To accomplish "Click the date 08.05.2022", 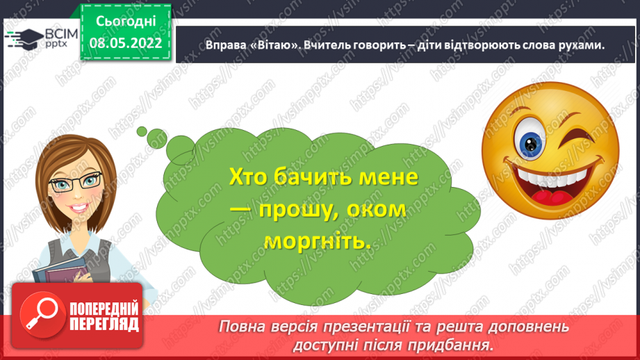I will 126,43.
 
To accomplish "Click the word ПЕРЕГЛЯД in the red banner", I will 104,324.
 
